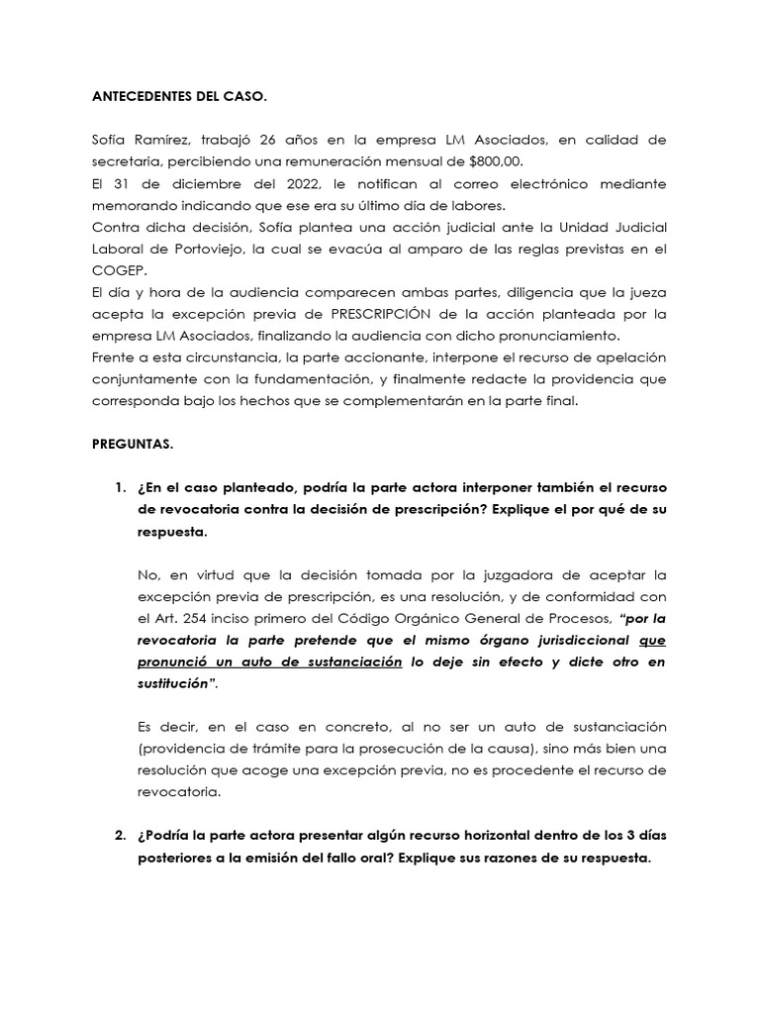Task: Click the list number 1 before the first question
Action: (120, 487)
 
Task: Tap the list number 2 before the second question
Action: (120, 837)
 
